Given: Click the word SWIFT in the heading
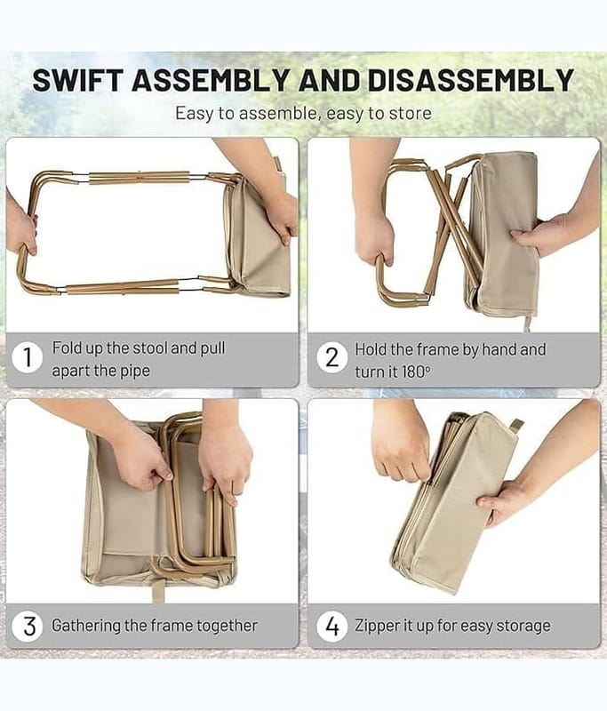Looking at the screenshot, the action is coord(78,80).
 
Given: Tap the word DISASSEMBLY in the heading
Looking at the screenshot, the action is coord(471,80).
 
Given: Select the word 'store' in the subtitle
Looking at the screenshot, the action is coord(411,114).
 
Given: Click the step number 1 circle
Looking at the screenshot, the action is coord(28,357).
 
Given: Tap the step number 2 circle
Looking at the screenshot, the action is coord(332,358).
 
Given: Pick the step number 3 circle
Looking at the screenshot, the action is coord(29,627).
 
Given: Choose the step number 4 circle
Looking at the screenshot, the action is coord(332,627).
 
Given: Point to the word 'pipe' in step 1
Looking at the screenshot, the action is coord(135,371).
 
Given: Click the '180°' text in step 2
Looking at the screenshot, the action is coord(415,371).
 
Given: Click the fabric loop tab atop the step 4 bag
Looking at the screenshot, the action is coord(515,424).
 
